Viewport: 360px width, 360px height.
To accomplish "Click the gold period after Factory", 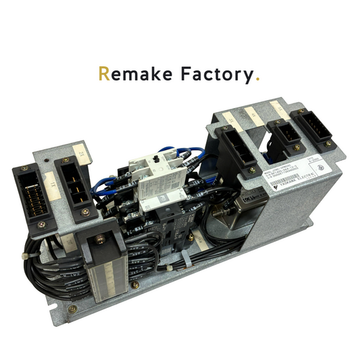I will pyautogui.click(x=257, y=79).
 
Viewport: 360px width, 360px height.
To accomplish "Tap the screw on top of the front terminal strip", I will pyautogui.click(x=100, y=239).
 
